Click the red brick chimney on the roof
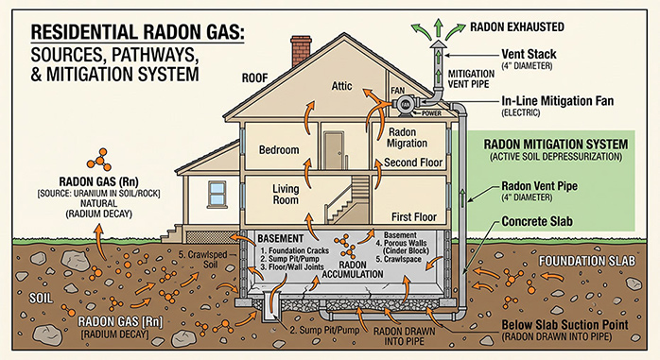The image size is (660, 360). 301,50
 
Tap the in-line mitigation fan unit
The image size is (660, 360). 406,104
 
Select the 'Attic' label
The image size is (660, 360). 341,86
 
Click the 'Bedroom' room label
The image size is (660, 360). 279,149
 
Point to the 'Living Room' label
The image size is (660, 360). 286,195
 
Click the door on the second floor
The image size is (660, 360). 334,150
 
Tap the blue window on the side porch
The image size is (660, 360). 217,194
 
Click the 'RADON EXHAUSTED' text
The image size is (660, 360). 517,27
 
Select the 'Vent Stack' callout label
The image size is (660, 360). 529,54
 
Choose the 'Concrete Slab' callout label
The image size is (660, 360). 537,221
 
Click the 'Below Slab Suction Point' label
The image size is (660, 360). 564,325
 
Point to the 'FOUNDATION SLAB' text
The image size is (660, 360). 587,261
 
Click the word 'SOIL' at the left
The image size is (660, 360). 41,299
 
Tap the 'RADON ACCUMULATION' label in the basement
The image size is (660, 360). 353,269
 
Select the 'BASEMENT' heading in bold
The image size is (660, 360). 280,238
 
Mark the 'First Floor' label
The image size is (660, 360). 414,217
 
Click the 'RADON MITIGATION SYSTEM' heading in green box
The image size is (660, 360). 556,145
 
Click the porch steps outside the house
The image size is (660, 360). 172,233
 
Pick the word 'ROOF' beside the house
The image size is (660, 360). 254,78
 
